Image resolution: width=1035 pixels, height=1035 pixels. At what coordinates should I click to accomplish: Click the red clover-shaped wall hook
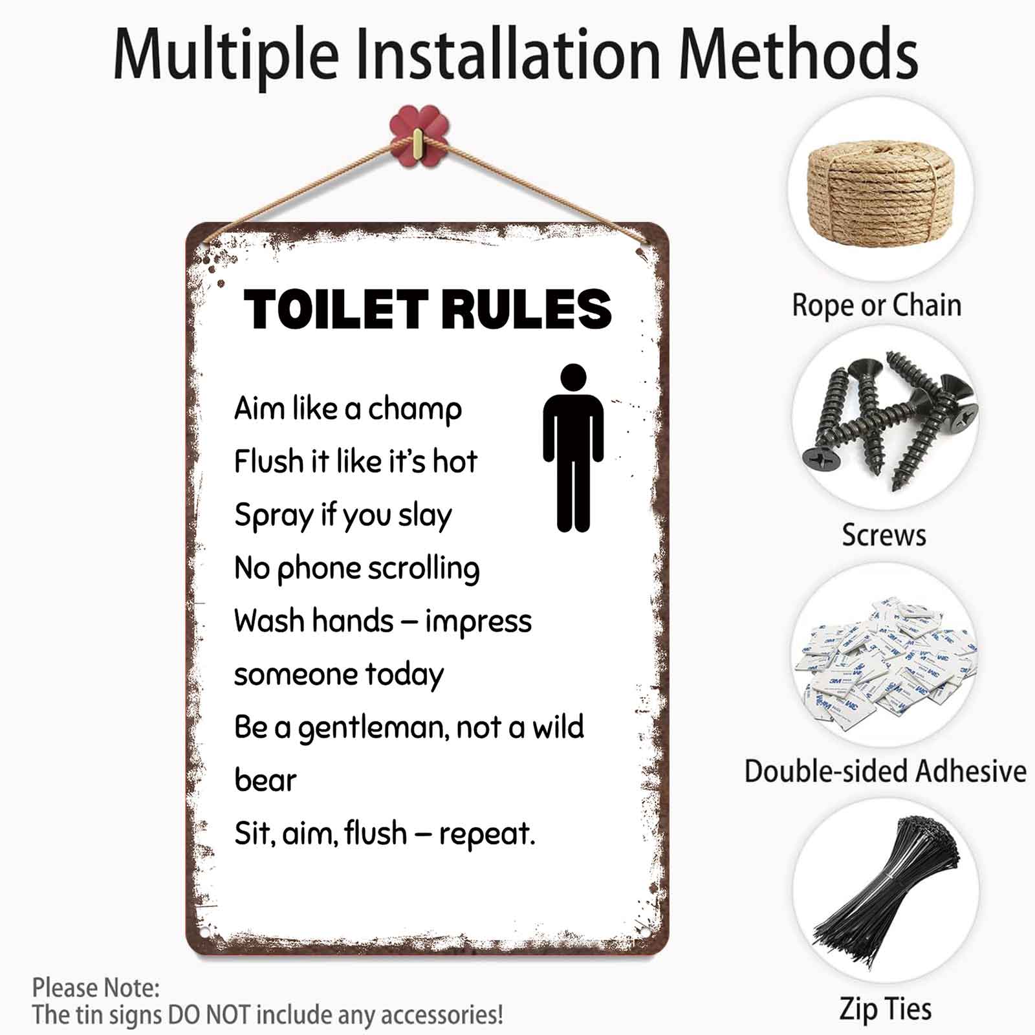pos(419,136)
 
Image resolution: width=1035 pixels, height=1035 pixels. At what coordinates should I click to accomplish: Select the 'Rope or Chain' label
pos(877,305)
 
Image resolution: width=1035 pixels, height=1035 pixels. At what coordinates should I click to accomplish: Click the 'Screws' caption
pos(884,535)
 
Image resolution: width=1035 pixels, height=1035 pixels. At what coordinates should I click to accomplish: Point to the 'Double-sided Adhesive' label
pos(885,771)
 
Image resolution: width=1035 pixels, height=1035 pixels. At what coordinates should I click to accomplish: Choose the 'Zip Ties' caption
pos(885,1008)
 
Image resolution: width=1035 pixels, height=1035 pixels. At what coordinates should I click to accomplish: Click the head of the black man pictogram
pos(573,377)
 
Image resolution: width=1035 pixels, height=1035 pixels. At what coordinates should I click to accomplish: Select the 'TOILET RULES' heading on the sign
pos(428,309)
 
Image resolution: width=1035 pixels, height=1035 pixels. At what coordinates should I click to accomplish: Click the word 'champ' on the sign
pos(415,409)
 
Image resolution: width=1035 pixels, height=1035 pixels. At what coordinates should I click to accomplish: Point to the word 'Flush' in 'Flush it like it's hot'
pos(268,462)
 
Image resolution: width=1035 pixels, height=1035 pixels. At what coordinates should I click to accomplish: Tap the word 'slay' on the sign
pos(424,516)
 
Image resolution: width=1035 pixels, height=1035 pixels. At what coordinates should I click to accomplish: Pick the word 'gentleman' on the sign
pos(372,728)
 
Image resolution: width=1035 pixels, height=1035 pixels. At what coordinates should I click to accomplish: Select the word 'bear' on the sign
pos(265,781)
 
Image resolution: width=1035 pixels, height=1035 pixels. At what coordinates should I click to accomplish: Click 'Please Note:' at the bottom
pos(96,988)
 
